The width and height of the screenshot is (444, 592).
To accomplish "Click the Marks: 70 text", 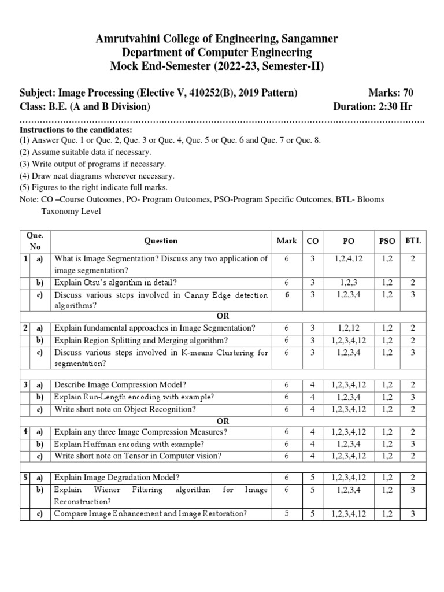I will click(x=390, y=92).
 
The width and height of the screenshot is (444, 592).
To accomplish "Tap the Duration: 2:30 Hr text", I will click(x=373, y=106).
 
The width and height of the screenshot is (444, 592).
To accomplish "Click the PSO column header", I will click(x=387, y=240).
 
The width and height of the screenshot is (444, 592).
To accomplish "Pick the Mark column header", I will click(x=286, y=240).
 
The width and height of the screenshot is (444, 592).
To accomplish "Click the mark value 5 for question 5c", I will click(x=286, y=513).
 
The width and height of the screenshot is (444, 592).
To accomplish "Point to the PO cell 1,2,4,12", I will click(x=349, y=258).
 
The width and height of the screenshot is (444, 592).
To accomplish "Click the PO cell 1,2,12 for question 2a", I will click(x=349, y=328).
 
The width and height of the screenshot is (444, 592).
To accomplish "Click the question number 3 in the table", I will click(x=26, y=385).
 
